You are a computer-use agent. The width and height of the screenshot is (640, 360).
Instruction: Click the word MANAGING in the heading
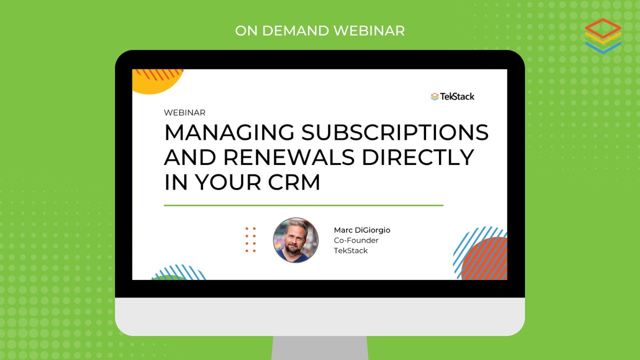pyautogui.click(x=230, y=132)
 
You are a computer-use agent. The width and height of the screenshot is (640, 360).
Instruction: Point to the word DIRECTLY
pyautogui.click(x=418, y=157)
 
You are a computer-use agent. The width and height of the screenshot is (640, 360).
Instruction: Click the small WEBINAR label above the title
pyautogui.click(x=184, y=113)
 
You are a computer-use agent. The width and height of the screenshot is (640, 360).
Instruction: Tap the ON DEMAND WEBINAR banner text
pyautogui.click(x=320, y=30)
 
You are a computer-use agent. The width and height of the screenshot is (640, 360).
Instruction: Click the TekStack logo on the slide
pyautogui.click(x=452, y=96)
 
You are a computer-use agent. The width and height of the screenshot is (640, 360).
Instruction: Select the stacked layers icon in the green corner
pyautogui.click(x=602, y=35)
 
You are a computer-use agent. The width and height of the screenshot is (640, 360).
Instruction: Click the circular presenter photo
pyautogui.click(x=296, y=240)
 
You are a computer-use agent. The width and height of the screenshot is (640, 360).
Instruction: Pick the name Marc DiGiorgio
pyautogui.click(x=362, y=230)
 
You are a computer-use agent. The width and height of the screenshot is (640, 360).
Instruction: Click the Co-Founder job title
pyautogui.click(x=356, y=240)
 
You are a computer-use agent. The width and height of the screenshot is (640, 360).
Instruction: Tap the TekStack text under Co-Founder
pyautogui.click(x=350, y=250)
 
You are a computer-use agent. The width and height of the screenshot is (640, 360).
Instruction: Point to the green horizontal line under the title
pyautogui.click(x=303, y=205)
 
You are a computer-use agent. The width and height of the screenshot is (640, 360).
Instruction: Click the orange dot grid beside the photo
pyautogui.click(x=251, y=239)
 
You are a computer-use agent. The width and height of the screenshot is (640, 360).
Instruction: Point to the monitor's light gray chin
pyautogui.click(x=320, y=316)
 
